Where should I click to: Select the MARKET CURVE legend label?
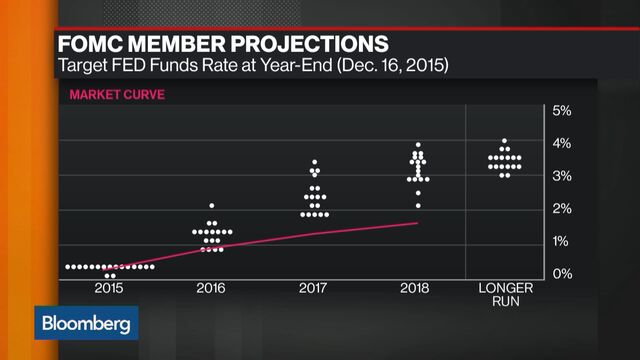click(116, 95)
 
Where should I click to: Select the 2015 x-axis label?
click(110, 288)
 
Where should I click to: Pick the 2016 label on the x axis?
click(211, 288)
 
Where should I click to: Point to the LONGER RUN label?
click(505, 293)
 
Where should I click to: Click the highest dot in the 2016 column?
click(212, 206)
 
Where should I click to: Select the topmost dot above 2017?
click(315, 162)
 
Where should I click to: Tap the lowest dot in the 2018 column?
click(418, 206)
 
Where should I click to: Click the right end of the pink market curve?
click(417, 223)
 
